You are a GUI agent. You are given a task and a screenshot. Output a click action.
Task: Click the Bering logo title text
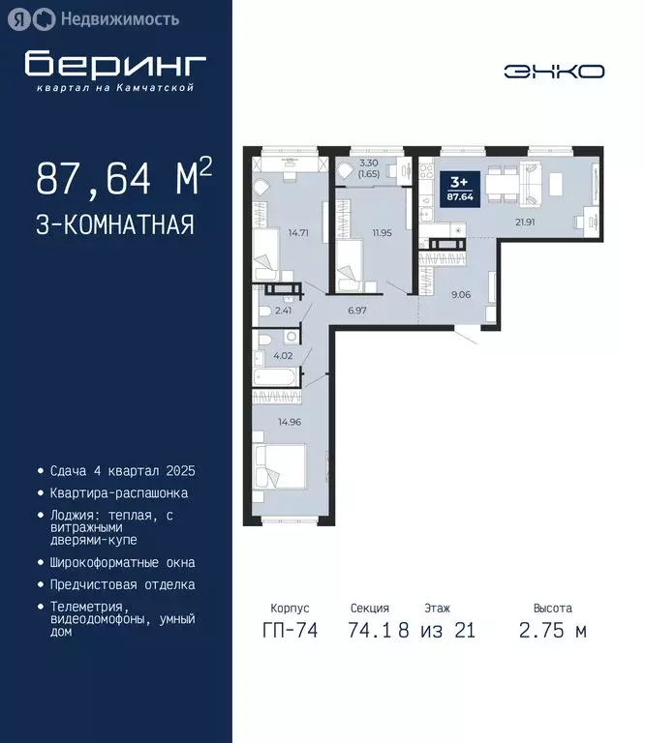coord(115,64)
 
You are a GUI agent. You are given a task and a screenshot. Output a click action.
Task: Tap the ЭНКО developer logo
coord(554,71)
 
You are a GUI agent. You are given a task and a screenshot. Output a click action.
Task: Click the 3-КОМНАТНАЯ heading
coord(115,225)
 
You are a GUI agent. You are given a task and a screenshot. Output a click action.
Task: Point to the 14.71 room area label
coord(297,232)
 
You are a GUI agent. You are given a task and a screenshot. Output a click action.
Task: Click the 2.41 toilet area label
coord(283,311)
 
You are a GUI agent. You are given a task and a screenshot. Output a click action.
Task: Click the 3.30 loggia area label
coord(367,168)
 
